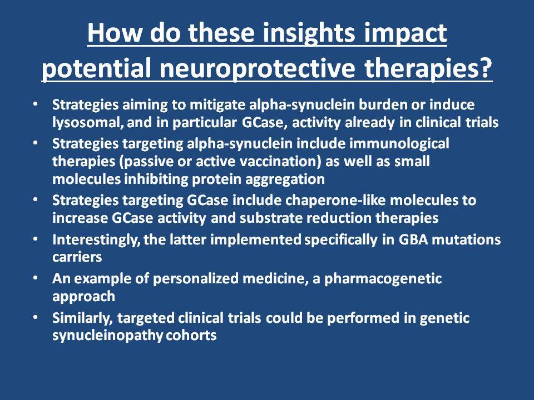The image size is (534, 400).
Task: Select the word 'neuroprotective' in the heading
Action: [258, 68]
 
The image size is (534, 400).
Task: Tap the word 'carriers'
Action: [77, 257]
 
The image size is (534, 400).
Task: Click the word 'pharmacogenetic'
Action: [383, 279]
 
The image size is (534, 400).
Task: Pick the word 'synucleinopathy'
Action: [107, 336]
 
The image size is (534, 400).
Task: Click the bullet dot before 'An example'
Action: [36, 278]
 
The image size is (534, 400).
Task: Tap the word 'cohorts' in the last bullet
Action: [191, 336]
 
